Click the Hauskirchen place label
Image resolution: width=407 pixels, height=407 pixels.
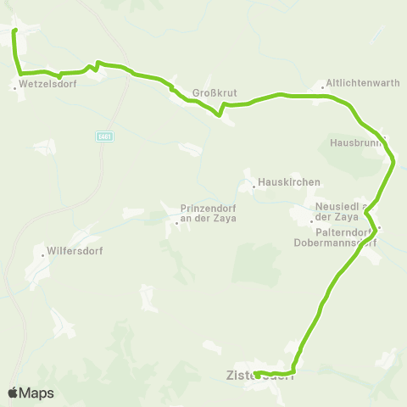(x=288, y=182)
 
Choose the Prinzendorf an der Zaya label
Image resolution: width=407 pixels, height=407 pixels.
(x=208, y=213)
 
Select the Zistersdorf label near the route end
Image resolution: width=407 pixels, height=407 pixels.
(x=259, y=374)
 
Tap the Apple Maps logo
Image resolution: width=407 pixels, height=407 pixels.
(x=31, y=393)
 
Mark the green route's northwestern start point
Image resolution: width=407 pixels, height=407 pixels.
(x=14, y=31)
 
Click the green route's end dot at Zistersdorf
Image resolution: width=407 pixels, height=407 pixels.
(x=257, y=374)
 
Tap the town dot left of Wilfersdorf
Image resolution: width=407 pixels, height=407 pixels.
(x=43, y=253)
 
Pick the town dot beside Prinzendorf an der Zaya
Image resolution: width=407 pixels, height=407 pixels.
(x=176, y=224)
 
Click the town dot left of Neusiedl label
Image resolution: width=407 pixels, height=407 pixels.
(x=312, y=222)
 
